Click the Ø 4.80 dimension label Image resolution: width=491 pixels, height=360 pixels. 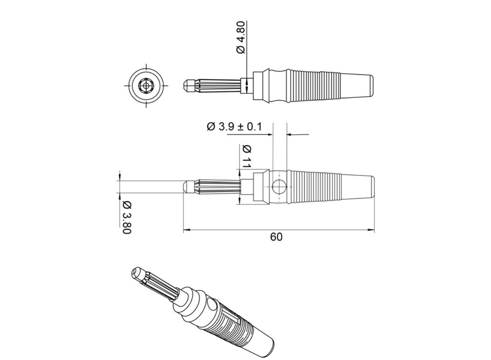click(x=241, y=38)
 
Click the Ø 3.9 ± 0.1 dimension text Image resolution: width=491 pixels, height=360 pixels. click(x=235, y=127)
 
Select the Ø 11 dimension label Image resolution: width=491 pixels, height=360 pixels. click(x=247, y=156)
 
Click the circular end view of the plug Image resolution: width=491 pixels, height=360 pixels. click(x=146, y=85)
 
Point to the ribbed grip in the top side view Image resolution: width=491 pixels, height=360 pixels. click(x=313, y=85)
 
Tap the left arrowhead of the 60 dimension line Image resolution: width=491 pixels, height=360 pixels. click(x=186, y=230)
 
